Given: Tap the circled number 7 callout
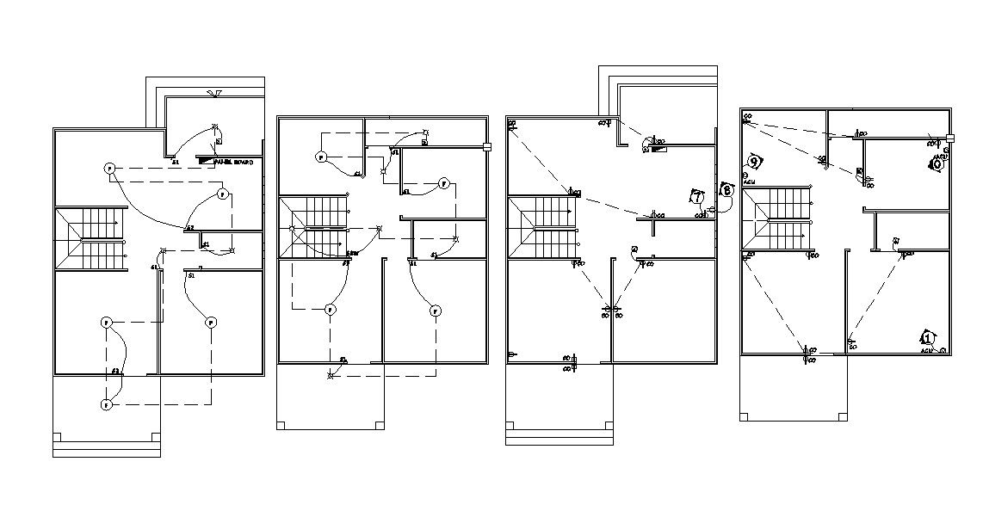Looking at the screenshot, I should pyautogui.click(x=696, y=197).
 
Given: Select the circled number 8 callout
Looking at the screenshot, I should pyautogui.click(x=726, y=190).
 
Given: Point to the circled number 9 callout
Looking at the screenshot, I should pyautogui.click(x=754, y=161).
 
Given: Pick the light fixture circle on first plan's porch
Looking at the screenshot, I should pyautogui.click(x=106, y=404).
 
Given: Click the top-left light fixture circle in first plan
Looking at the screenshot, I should pyautogui.click(x=109, y=169).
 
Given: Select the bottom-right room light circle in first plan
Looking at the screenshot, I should pyautogui.click(x=210, y=323).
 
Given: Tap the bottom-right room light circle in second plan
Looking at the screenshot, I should pyautogui.click(x=436, y=311).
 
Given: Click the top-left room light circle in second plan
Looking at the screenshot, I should pyautogui.click(x=320, y=157).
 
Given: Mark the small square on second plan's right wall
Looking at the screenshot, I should pyautogui.click(x=487, y=146).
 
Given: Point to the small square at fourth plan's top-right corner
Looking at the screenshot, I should pyautogui.click(x=950, y=138).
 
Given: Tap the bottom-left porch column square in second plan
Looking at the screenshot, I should pyautogui.click(x=281, y=424).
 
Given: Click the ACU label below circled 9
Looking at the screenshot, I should pyautogui.click(x=749, y=183).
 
